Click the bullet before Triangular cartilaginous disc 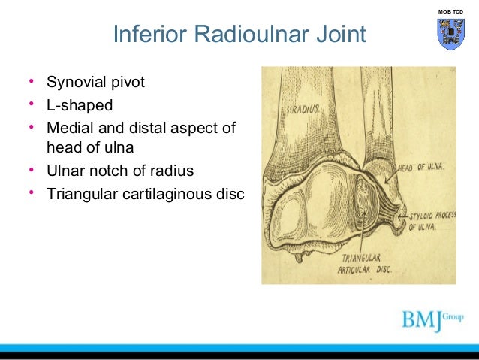tap(32, 192)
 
